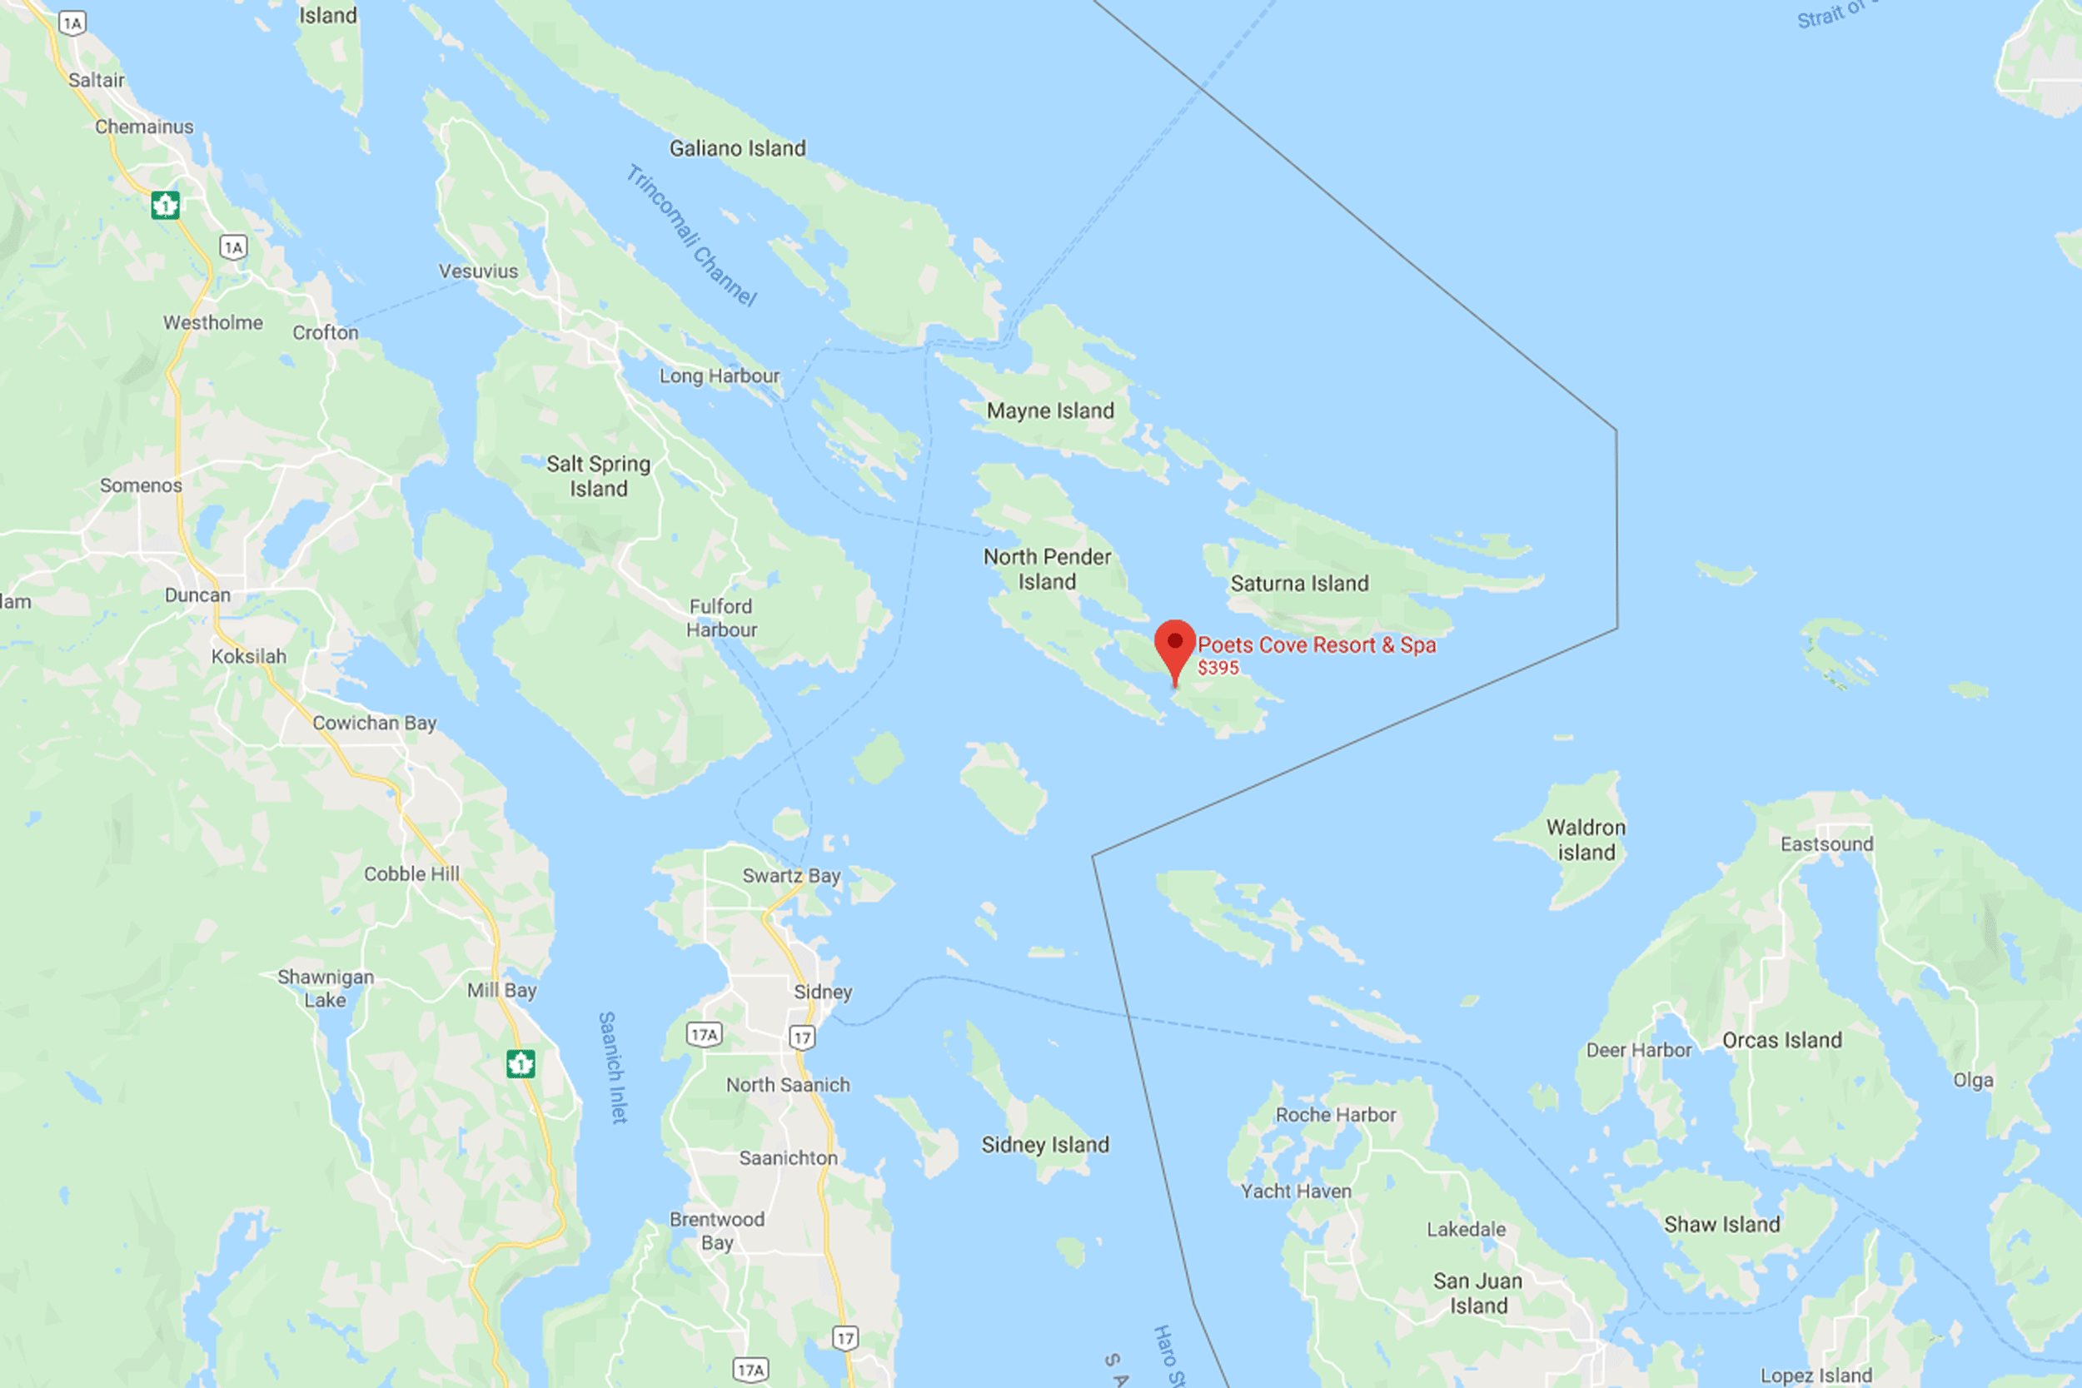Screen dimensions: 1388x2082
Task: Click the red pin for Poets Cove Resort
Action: (x=1175, y=645)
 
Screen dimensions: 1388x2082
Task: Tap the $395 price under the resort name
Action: (x=1218, y=669)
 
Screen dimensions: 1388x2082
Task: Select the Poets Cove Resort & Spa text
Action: (x=1317, y=645)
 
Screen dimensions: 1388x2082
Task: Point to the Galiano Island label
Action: (x=737, y=149)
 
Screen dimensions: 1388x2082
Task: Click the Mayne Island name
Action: (x=1050, y=410)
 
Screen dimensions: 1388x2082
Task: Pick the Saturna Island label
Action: (x=1299, y=584)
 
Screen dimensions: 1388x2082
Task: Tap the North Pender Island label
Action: (x=1047, y=570)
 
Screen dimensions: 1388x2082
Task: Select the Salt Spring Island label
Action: (x=599, y=476)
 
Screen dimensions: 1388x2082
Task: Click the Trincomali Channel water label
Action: (x=691, y=236)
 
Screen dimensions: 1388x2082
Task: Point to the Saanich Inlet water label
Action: (x=613, y=1067)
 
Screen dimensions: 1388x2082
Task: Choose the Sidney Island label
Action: (x=1044, y=1145)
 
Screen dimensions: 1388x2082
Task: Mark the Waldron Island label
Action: (x=1586, y=840)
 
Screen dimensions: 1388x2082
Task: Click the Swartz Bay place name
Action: (x=791, y=875)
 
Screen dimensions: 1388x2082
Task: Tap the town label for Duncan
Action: (x=197, y=595)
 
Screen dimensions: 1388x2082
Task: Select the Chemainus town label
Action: (x=144, y=127)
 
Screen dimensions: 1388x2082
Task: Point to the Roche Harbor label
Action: (x=1336, y=1114)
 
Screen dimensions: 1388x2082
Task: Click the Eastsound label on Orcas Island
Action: (x=1827, y=843)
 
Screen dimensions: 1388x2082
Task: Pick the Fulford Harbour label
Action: (x=721, y=618)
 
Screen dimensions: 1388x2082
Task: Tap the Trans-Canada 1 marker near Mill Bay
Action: (x=520, y=1062)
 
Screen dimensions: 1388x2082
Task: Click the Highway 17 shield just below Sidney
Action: (x=802, y=1037)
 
